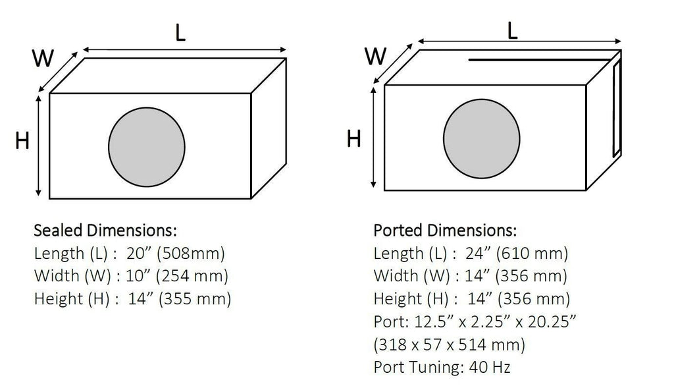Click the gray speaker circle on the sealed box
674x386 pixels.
147,147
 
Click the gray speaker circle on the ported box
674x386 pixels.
481,138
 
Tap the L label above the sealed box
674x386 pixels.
180,32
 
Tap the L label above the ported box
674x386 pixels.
512,30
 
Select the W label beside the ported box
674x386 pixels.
375,56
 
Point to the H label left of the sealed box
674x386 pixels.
22,141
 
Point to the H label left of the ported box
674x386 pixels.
353,139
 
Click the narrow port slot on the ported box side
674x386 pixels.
616,107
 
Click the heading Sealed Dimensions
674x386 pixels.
105,231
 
